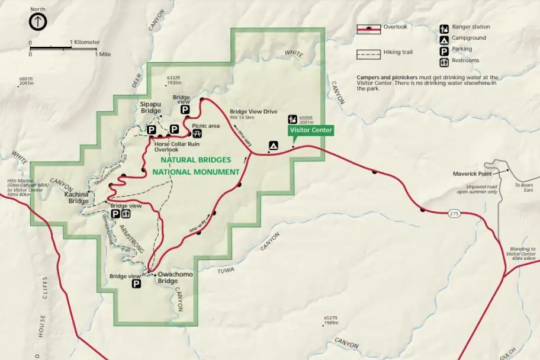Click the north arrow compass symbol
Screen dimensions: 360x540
click(x=38, y=22)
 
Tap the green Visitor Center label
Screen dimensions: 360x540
click(x=311, y=130)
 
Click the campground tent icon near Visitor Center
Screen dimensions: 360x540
click(x=274, y=144)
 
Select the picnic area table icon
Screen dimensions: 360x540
click(x=197, y=133)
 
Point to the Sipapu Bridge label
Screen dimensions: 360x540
click(x=150, y=107)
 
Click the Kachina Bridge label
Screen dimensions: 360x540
click(x=77, y=198)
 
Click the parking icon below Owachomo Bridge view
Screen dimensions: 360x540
click(x=136, y=284)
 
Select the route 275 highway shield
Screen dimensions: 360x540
click(x=454, y=213)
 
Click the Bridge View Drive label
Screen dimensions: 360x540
click(x=253, y=111)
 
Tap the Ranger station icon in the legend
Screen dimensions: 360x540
click(x=443, y=28)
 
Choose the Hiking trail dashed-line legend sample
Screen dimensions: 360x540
click(x=368, y=54)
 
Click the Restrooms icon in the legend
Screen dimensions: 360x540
click(x=443, y=62)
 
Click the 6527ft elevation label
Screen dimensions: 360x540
click(x=331, y=318)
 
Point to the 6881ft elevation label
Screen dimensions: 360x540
click(x=27, y=79)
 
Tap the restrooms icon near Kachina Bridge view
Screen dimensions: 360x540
click(x=126, y=214)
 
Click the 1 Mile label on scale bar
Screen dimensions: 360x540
click(x=103, y=54)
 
